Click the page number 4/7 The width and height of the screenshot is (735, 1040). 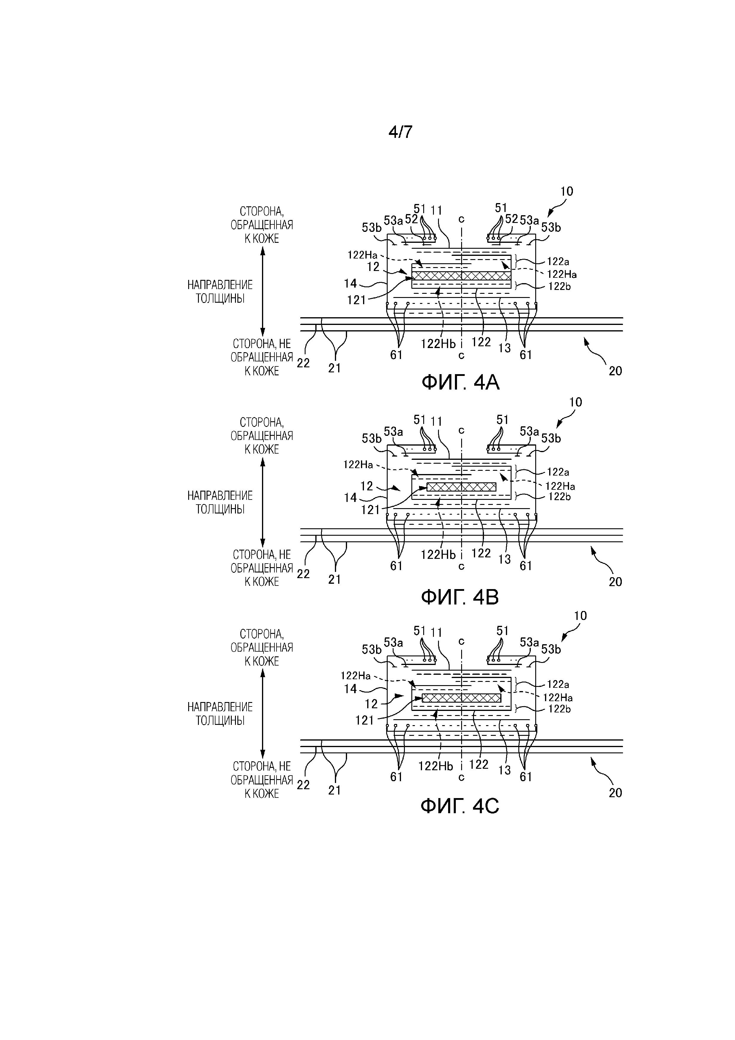[400, 132]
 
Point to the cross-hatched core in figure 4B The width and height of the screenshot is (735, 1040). [461, 487]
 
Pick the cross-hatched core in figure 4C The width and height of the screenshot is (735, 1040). [461, 698]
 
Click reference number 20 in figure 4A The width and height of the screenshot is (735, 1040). [615, 371]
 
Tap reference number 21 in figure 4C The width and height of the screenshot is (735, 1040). [334, 790]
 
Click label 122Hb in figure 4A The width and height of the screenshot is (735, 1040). [438, 344]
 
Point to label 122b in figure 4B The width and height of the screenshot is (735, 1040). [559, 497]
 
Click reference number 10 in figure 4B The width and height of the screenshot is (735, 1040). [575, 402]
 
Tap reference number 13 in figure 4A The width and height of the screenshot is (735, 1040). [504, 348]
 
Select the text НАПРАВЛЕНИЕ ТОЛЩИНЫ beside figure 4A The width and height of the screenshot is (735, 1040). [220, 292]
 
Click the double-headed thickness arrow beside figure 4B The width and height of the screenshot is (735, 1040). [263, 502]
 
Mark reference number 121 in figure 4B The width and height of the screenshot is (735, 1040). [370, 510]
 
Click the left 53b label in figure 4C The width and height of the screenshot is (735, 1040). [371, 650]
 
